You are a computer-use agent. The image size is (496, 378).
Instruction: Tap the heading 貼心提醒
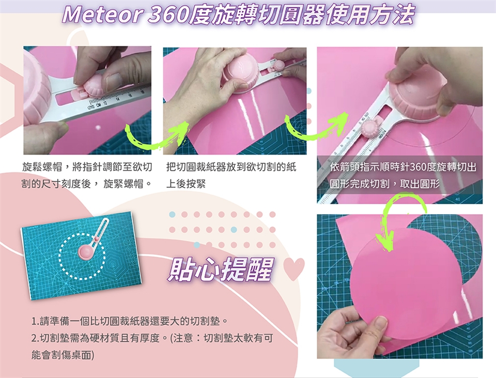point(220,270)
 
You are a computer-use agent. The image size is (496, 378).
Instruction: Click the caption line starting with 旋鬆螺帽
point(87,167)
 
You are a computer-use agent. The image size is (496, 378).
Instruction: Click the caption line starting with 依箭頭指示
point(403,167)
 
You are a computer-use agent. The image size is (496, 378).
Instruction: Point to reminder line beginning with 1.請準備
point(130,321)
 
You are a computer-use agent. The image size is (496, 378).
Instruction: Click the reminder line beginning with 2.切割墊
point(152,338)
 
